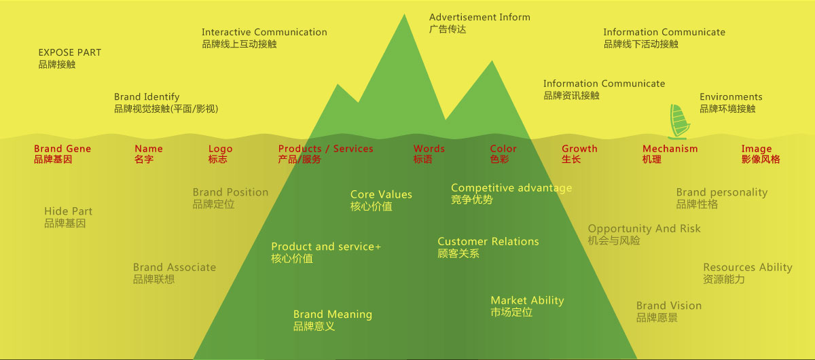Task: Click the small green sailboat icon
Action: (x=678, y=122)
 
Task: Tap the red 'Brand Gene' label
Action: (x=62, y=149)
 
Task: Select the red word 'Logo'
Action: (x=220, y=149)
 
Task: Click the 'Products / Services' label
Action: (x=325, y=149)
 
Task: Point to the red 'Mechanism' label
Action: (x=670, y=149)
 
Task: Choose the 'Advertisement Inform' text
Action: (x=479, y=17)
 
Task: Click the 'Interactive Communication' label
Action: (x=264, y=32)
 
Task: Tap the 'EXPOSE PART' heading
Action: (x=69, y=52)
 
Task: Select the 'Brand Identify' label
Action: (x=147, y=97)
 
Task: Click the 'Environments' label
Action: (x=731, y=97)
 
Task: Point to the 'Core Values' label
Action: (x=381, y=195)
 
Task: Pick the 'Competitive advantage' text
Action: (x=511, y=188)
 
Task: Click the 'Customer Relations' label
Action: (x=488, y=242)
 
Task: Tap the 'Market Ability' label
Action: (x=527, y=300)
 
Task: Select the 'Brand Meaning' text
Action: (x=332, y=314)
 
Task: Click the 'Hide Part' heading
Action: (x=68, y=211)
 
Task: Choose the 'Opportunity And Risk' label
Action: (x=644, y=229)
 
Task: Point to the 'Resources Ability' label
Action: (x=747, y=268)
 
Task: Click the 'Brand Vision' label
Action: (x=668, y=306)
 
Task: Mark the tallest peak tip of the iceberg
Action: (x=405, y=15)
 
